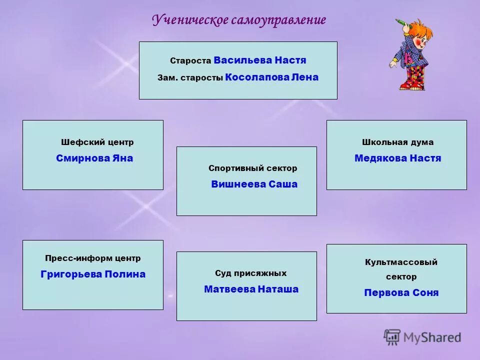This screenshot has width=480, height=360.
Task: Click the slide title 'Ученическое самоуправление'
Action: tap(239, 20)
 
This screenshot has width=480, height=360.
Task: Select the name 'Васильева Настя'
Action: tap(259, 60)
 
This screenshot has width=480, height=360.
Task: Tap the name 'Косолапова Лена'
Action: tap(271, 77)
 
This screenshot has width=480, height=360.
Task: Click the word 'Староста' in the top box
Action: tap(190, 61)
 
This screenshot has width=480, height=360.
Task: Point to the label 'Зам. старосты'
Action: tap(190, 78)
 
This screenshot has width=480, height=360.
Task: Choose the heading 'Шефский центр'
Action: tap(97, 142)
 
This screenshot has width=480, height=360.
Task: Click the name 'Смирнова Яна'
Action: tap(94, 158)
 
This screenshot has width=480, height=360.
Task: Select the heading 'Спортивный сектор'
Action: tap(252, 168)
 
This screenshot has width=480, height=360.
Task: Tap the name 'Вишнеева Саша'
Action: tap(254, 184)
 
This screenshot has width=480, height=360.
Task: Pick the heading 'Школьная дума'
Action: tap(397, 142)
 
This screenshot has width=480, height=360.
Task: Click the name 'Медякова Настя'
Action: tap(397, 158)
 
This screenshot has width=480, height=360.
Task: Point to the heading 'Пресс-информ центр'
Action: tap(93, 258)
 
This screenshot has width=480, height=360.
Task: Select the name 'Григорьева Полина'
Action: tap(93, 274)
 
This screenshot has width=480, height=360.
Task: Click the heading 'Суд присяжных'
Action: tap(250, 273)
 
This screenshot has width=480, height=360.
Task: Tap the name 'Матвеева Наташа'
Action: tap(251, 289)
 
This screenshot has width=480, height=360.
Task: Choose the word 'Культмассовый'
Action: tap(401, 262)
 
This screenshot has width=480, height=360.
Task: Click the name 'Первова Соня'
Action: tap(401, 293)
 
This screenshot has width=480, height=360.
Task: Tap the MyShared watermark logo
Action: tap(422, 337)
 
